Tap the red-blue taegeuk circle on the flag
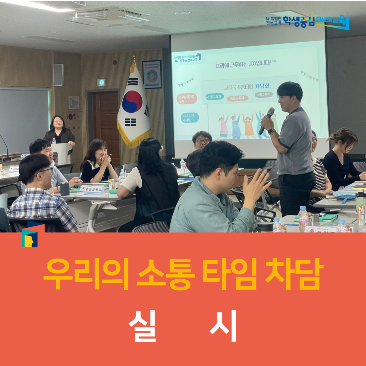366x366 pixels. point(132,102)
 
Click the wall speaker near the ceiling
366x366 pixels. point(58,75)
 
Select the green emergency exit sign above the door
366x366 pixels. point(101,82)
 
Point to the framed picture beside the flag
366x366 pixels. point(152,75)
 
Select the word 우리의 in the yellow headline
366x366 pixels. point(86,274)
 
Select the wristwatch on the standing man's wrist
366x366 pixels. point(271,131)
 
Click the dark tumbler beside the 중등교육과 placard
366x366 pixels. point(65,188)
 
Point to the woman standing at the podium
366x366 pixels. point(59,130)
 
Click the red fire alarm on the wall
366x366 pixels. point(70,116)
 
